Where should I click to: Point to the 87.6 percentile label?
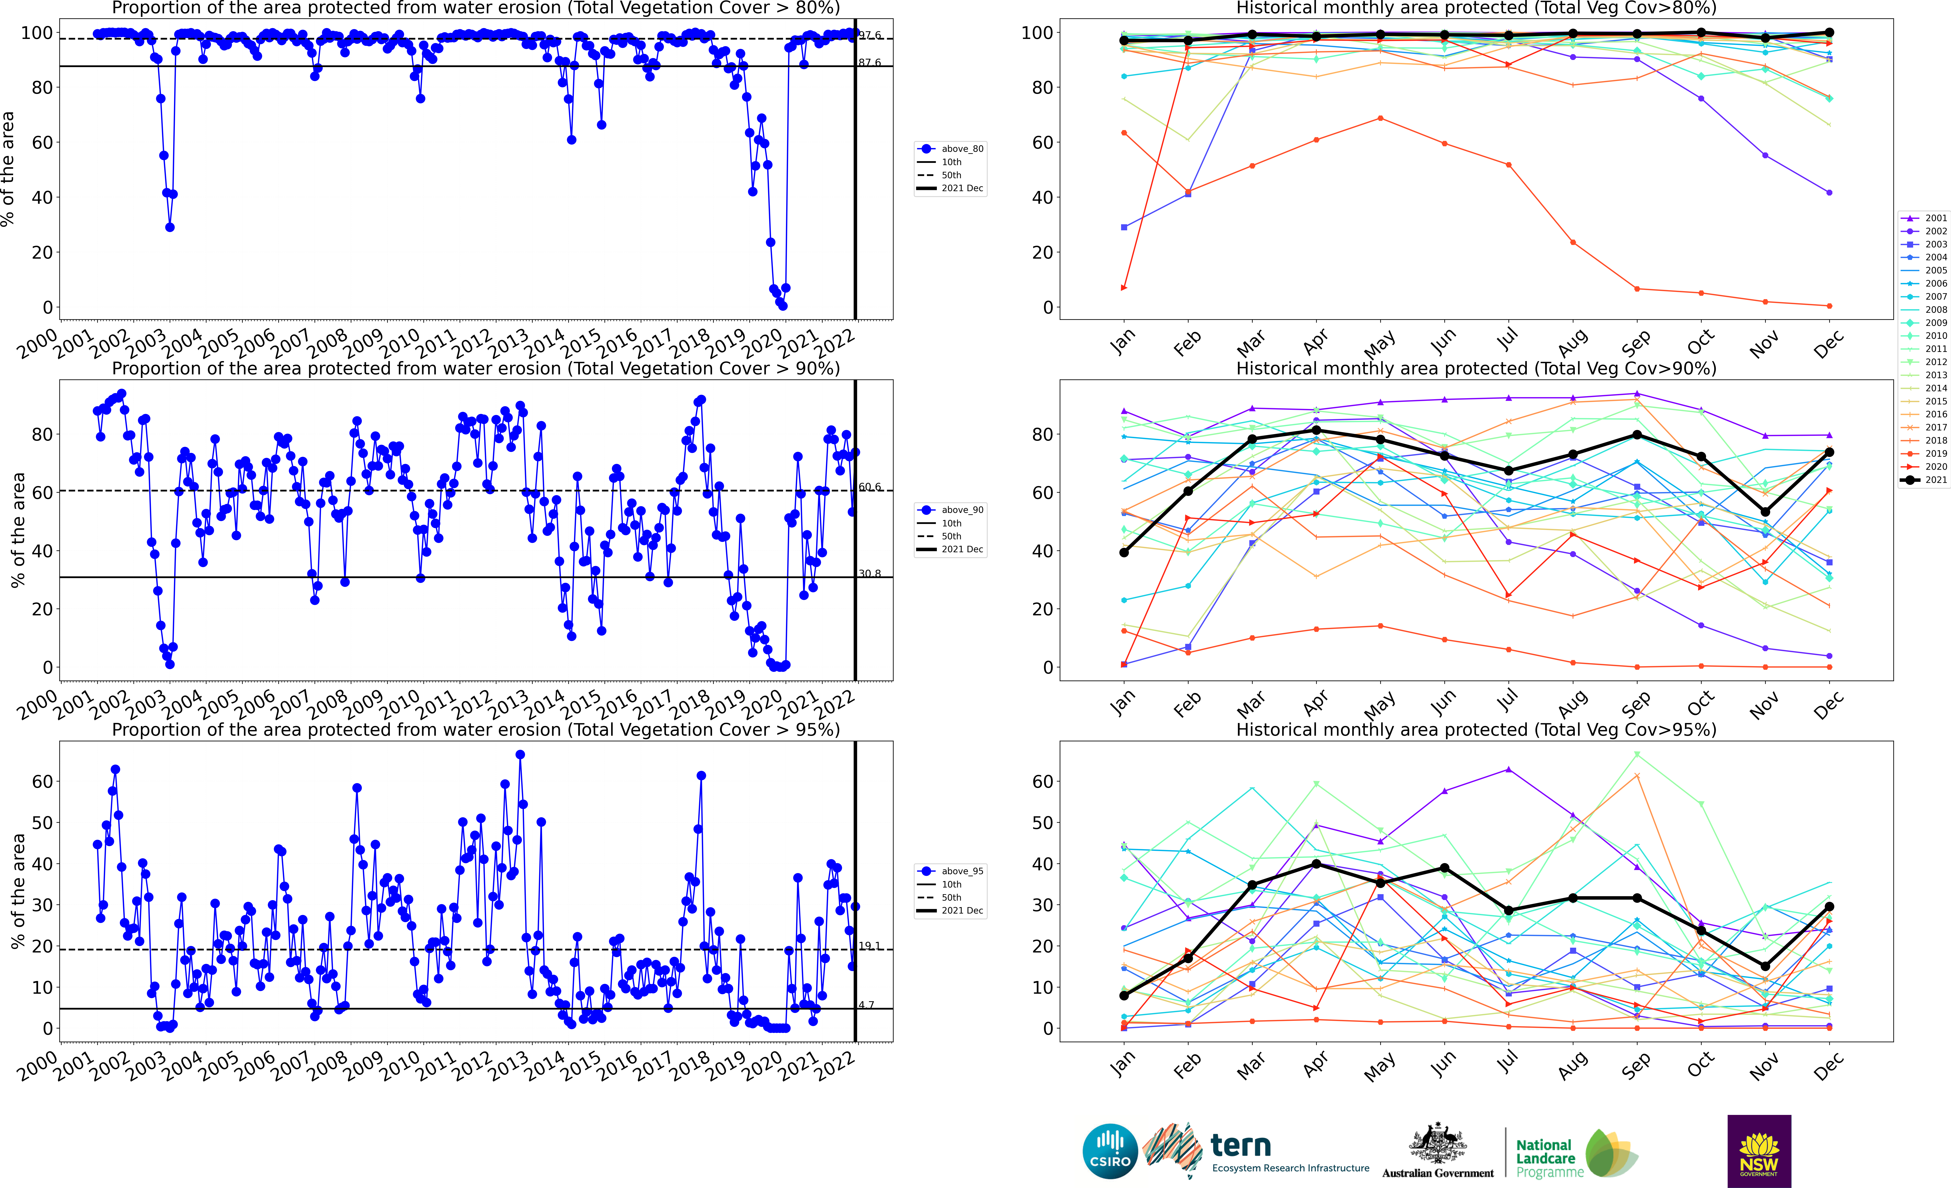[869, 62]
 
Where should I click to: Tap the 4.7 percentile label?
[866, 1005]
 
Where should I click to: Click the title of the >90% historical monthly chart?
[1476, 368]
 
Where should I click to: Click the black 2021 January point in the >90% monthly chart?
[1124, 552]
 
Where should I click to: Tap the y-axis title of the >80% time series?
[8, 169]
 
